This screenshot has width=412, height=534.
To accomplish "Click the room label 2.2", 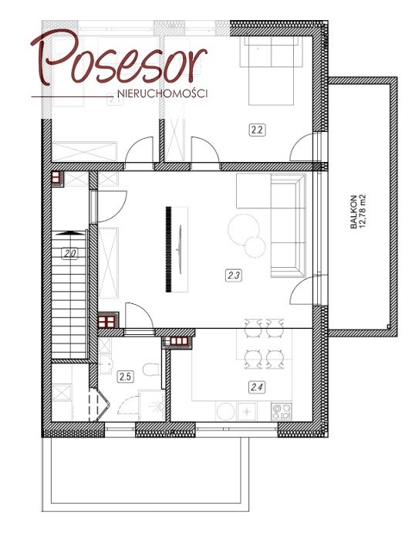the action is coord(257,130).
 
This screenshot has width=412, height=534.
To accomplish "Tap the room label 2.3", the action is coord(234,275).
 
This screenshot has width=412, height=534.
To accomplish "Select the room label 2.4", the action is coord(257,387).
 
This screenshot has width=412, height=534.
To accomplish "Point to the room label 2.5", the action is coord(125,377).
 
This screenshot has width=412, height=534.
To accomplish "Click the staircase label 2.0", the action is coord(69,254).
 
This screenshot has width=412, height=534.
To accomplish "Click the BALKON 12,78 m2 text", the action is coord(358,211).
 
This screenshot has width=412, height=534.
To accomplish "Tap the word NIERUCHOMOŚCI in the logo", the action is coord(162,93).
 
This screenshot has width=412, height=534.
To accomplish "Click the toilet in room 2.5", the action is coord(151,370).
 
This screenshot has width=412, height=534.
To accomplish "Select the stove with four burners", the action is coord(282,411).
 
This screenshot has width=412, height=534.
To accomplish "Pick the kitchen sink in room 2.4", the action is coord(247,411).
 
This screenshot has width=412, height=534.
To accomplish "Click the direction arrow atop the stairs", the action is coord(69,233).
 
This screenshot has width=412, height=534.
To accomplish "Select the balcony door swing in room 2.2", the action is coord(302,147).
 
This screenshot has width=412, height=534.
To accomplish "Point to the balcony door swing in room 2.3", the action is coord(302,290).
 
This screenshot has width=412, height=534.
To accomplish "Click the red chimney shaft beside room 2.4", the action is coord(177,342).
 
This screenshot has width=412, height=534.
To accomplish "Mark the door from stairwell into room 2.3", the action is coord(109,206).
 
